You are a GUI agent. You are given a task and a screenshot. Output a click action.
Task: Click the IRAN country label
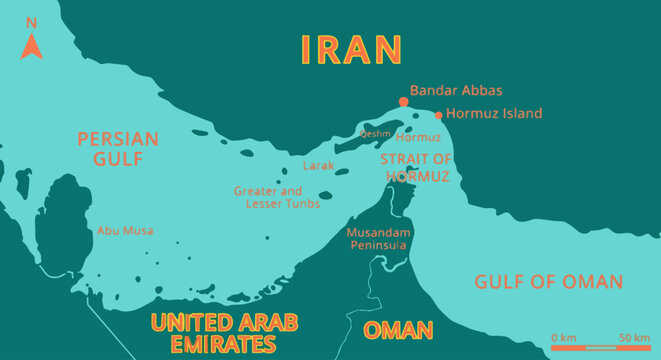tap(352, 49)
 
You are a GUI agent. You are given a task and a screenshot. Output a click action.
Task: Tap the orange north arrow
tap(31, 45)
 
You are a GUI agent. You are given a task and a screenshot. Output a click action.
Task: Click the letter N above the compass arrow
tap(31, 23)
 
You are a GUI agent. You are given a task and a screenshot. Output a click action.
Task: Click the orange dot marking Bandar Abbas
tap(403, 102)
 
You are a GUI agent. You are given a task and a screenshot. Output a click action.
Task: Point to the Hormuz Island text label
tap(494, 114)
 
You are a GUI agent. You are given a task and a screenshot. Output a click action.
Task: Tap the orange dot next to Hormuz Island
tap(438, 115)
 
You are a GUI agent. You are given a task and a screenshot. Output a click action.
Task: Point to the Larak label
tap(318, 166)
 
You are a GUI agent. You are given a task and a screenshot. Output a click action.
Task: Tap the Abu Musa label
tap(125, 230)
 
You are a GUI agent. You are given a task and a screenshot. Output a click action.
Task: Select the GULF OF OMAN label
tap(549, 281)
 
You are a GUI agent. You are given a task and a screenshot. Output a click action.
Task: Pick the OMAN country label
tap(398, 330)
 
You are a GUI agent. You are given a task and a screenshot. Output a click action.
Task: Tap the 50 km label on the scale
tap(634, 337)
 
